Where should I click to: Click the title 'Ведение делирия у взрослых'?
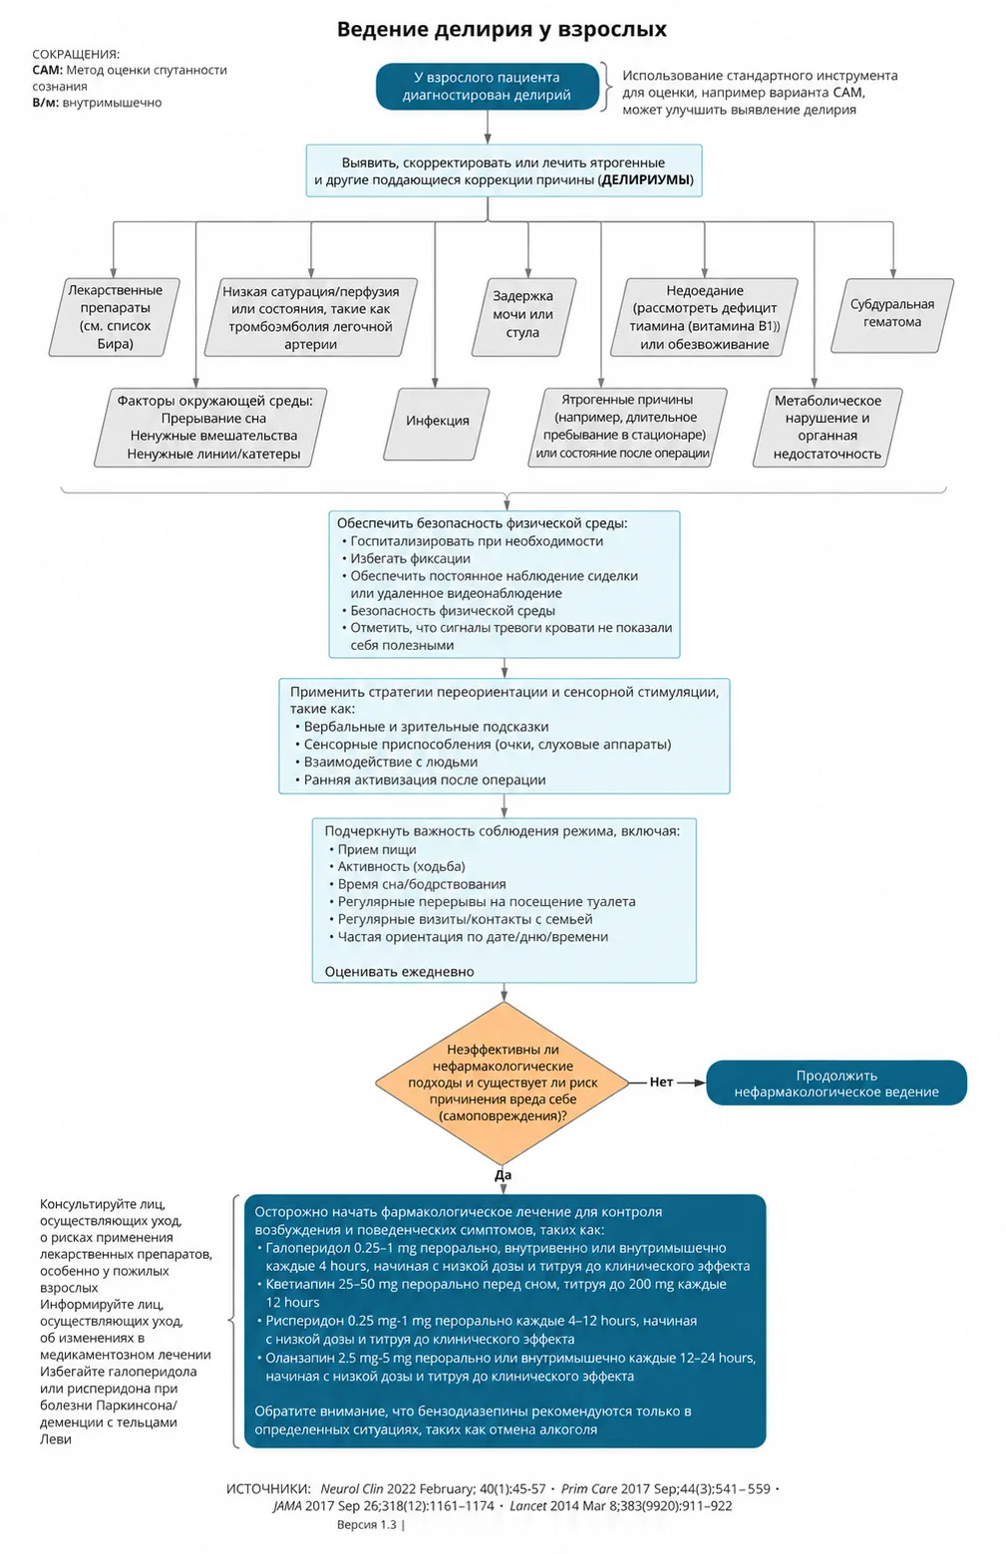pos(502,29)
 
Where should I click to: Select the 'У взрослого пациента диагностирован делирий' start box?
pos(487,87)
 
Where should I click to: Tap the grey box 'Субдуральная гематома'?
pos(892,316)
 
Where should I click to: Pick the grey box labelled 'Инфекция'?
pos(437,424)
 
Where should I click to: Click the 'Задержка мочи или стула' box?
pos(523,317)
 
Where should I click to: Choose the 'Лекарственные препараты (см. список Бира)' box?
pos(115,317)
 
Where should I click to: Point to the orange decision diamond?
pos(503,1083)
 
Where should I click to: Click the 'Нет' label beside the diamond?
pos(660,1083)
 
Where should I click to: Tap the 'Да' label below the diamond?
pos(503,1175)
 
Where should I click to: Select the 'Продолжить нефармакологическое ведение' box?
pos(837,1083)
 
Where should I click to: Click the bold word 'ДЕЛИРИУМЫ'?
pos(645,180)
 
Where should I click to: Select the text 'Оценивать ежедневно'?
pos(399,972)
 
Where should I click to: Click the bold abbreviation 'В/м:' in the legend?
pos(46,103)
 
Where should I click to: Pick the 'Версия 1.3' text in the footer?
pos(366,1525)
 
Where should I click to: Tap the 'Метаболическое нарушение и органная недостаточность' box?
pos(827,428)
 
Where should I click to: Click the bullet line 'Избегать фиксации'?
pos(410,558)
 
